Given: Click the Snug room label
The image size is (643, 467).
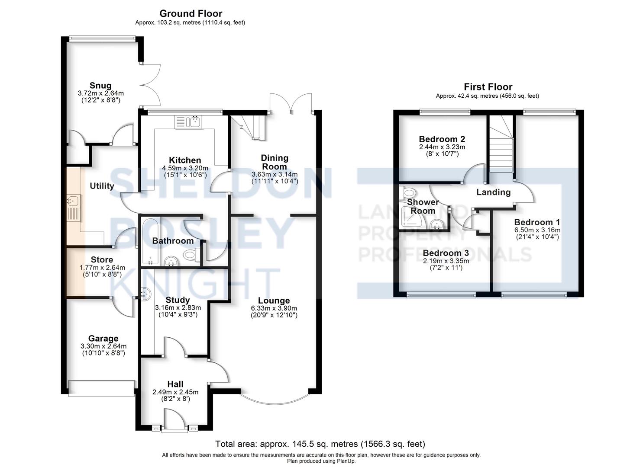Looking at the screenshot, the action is tap(100, 86).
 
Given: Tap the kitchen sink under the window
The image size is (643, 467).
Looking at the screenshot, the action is tap(188, 122).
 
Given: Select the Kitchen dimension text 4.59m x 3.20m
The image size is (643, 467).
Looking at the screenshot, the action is tap(185, 168).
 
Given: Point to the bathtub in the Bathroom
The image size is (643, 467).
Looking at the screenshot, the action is tap(150, 241).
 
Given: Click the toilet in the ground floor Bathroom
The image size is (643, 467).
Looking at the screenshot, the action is tap(191, 254).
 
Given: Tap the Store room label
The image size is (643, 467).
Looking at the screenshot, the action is tap(102, 260).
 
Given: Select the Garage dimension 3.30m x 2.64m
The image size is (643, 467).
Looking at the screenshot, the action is tap(103, 346).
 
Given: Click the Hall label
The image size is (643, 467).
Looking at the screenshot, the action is tap(175, 384).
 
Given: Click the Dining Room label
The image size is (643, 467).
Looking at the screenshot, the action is tap(275, 162).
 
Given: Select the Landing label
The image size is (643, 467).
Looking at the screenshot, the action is tap(494, 192).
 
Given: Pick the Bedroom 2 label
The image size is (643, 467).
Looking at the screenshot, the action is tap(442, 139).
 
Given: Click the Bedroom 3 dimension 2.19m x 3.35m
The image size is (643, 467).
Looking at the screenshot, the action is tap(446, 261).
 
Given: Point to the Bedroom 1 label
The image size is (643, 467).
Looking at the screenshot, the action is tap(537, 222).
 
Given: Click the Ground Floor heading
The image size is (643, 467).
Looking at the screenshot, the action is tap(191, 13).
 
